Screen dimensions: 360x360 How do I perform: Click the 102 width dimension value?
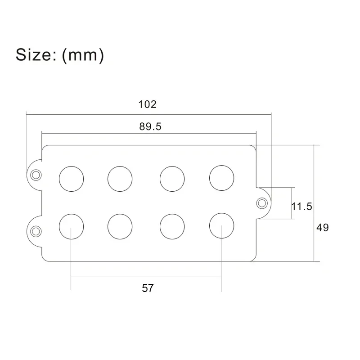pos(147,104)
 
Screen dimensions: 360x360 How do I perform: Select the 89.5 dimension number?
pos(150,126)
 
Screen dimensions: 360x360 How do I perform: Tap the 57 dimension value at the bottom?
pos(148,288)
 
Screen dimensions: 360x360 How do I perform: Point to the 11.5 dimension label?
pos(301,207)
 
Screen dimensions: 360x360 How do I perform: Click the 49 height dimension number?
pos(322,228)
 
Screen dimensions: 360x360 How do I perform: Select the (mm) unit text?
pos(83,55)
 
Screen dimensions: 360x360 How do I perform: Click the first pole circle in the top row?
pos(71,178)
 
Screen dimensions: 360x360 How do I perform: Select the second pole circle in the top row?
pos(120,178)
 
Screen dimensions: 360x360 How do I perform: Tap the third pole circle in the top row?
pos(172,178)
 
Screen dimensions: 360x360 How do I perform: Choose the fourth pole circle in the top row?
pos(221,178)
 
